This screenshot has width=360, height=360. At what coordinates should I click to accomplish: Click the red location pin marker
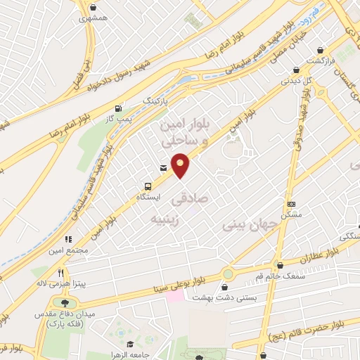pyautogui.click(x=181, y=165)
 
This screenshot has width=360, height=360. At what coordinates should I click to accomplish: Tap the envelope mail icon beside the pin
pyautogui.click(x=163, y=168)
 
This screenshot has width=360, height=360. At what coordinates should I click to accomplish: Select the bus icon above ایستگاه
pyautogui.click(x=147, y=186)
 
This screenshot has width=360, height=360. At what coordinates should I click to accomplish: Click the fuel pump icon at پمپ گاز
pyautogui.click(x=118, y=108)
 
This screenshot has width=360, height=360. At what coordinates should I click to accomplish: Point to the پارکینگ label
pyautogui.click(x=156, y=101)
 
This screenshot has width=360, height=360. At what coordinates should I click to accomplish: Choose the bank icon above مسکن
pyautogui.click(x=290, y=204)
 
